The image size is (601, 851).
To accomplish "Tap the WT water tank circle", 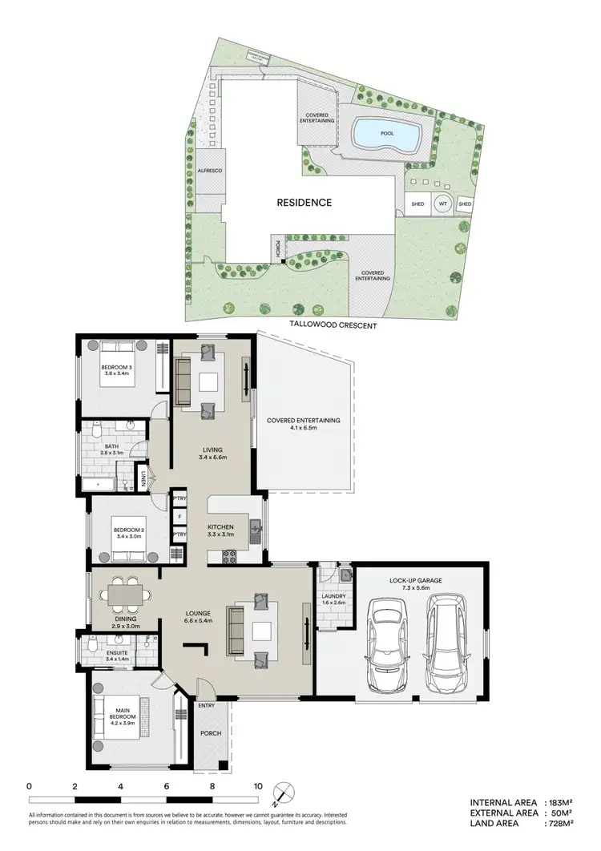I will (x=442, y=204).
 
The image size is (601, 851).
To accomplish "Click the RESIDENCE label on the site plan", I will (x=304, y=203).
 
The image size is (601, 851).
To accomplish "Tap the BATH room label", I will (x=109, y=446).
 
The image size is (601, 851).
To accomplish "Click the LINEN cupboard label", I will (x=144, y=480).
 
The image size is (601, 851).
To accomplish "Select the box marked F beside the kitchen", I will (x=177, y=516).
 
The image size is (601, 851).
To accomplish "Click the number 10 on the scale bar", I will (x=258, y=786).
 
